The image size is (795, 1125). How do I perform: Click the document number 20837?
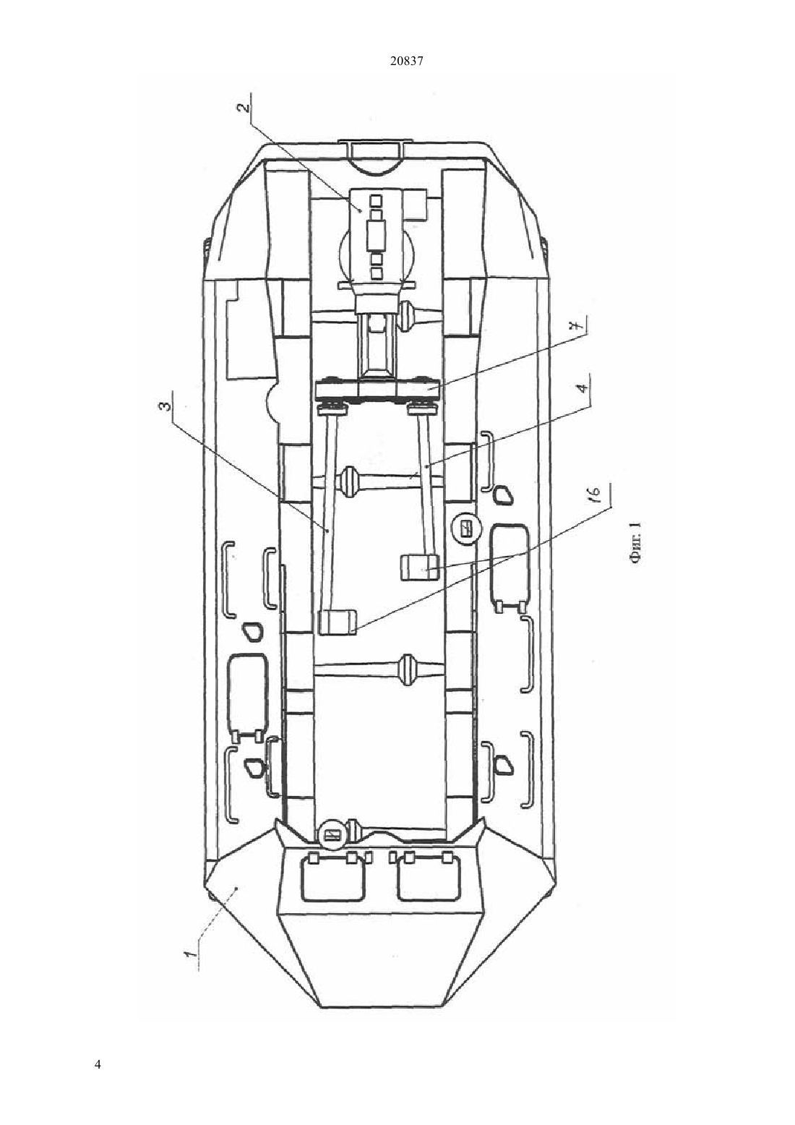[406, 61]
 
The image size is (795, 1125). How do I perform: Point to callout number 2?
[243, 109]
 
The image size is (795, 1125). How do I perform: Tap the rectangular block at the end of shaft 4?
[419, 568]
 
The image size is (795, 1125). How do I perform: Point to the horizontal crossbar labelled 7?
[378, 391]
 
